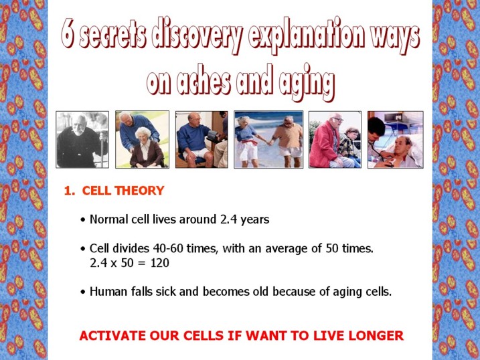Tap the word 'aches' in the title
(x=204, y=80)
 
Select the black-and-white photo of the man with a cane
(x=82, y=139)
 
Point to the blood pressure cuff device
(x=212, y=135)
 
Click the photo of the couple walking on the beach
(x=268, y=139)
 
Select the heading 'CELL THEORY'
(x=123, y=191)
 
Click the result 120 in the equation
(x=160, y=263)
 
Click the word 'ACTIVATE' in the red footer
(x=112, y=335)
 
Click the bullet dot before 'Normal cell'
(x=82, y=220)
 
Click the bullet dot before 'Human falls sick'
(x=82, y=292)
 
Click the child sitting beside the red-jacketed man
(x=350, y=146)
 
